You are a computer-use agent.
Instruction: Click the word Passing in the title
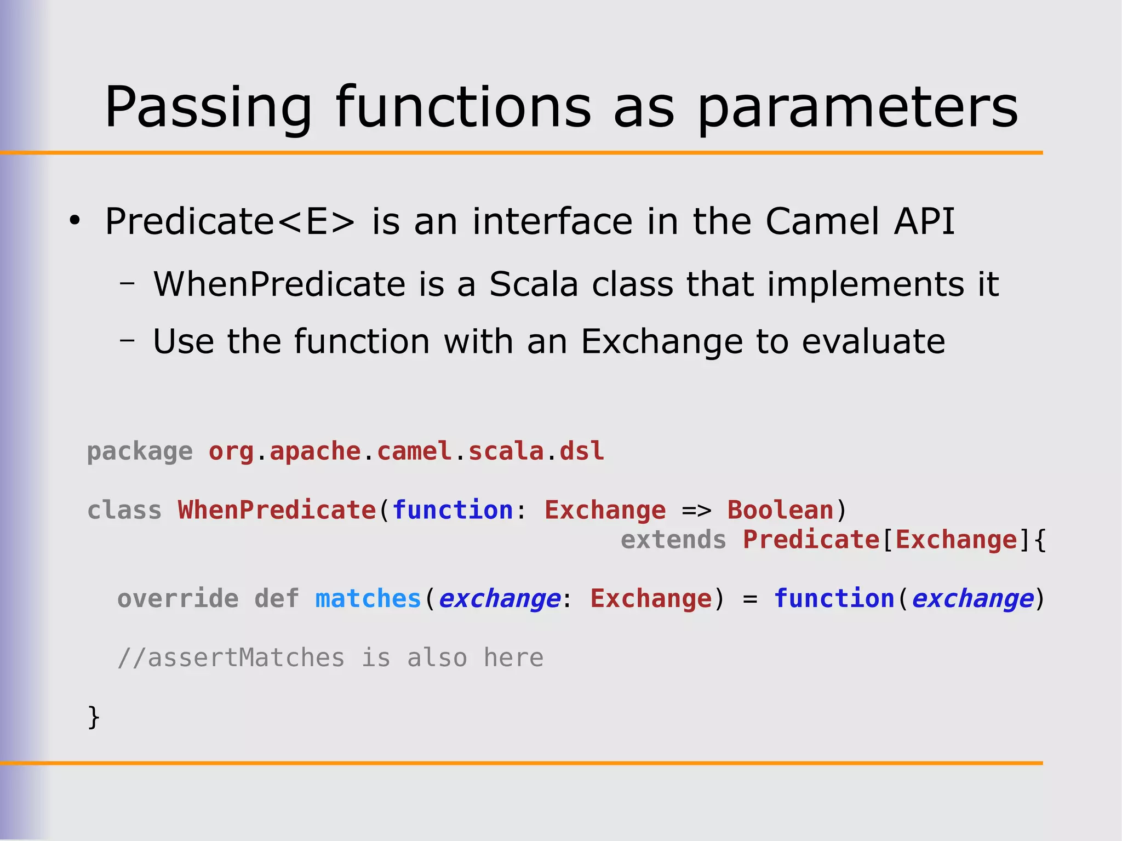[208, 108]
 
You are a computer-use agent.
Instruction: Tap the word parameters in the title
[857, 108]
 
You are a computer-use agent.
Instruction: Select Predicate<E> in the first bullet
[230, 221]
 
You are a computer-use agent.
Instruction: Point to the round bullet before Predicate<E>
[75, 221]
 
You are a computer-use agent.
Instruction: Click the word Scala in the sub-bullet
[534, 284]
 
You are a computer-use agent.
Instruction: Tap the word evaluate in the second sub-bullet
[873, 341]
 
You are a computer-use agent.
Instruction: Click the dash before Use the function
[127, 340]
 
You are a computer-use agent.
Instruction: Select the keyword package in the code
[140, 452]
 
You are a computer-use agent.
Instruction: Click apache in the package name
[315, 452]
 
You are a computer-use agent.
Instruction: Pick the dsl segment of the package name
[581, 452]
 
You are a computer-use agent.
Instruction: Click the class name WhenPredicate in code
[277, 511]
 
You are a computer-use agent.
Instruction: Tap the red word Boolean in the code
[780, 511]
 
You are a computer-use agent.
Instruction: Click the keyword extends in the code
[673, 540]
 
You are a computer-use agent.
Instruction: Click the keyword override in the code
[178, 599]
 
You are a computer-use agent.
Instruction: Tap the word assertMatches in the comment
[247, 658]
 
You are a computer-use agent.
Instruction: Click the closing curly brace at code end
[94, 717]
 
